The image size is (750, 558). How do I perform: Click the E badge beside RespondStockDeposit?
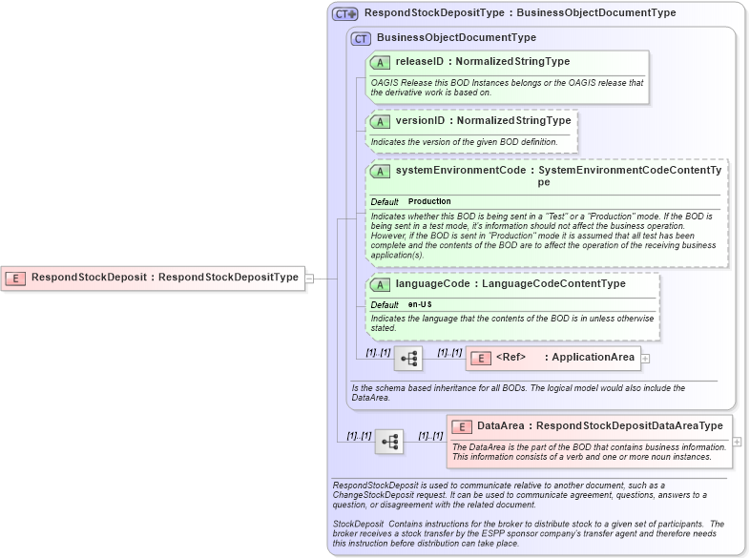[15, 278]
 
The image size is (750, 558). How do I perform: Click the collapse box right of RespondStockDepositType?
[308, 278]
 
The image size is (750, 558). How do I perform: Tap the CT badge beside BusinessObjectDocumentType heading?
[361, 38]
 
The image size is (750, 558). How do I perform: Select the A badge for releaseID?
[380, 62]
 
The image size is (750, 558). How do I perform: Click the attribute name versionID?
[420, 121]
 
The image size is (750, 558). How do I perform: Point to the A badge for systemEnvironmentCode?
[380, 171]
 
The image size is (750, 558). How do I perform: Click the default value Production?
[429, 202]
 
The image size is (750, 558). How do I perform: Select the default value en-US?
[421, 304]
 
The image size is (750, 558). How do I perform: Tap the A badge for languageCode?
[380, 284]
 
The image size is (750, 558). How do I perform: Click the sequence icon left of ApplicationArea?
[408, 359]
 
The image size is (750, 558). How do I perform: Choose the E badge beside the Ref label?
[480, 358]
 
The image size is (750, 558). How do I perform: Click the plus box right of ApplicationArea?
[646, 359]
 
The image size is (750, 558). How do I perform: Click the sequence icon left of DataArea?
[389, 442]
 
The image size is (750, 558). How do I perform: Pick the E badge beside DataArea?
[462, 426]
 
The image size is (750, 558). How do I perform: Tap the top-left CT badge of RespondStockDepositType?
[344, 13]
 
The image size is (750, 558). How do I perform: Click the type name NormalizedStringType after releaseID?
[512, 62]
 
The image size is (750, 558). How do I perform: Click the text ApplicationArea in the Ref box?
[593, 358]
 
